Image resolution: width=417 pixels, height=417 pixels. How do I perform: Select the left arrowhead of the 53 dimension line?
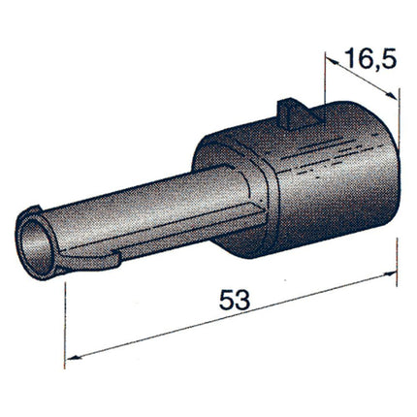coord(71,360)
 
